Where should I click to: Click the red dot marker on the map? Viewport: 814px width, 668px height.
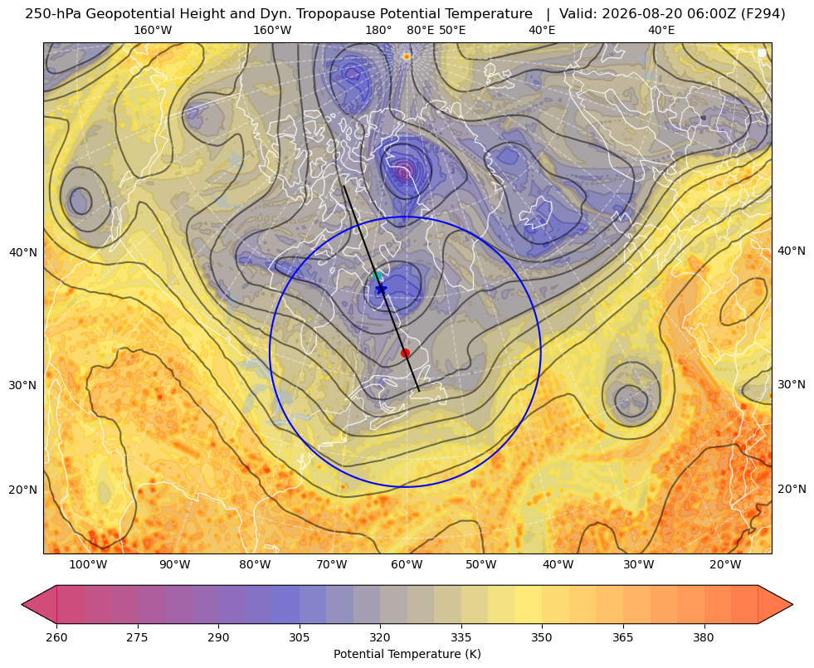tap(406, 353)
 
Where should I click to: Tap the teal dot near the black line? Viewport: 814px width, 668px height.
tap(378, 275)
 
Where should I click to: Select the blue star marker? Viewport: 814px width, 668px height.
tap(382, 289)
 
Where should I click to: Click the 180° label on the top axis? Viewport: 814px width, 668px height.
tap(378, 30)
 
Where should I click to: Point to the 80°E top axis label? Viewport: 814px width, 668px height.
tap(420, 30)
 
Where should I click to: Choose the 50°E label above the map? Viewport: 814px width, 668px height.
tap(452, 30)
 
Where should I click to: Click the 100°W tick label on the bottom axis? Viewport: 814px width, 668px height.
tap(88, 565)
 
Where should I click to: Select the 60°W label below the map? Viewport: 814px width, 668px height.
tap(406, 565)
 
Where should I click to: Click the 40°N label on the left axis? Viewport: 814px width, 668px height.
tap(23, 253)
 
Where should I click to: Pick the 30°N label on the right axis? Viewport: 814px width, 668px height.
tap(792, 384)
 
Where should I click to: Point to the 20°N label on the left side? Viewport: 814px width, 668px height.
tap(23, 490)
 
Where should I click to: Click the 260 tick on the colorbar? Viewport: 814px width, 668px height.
tap(56, 637)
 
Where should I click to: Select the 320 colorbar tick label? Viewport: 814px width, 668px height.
tap(380, 637)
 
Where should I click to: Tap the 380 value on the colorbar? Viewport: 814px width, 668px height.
tap(704, 637)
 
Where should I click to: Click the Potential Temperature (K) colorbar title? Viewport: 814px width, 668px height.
tap(407, 654)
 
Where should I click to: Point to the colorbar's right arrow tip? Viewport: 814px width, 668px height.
tap(792, 604)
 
